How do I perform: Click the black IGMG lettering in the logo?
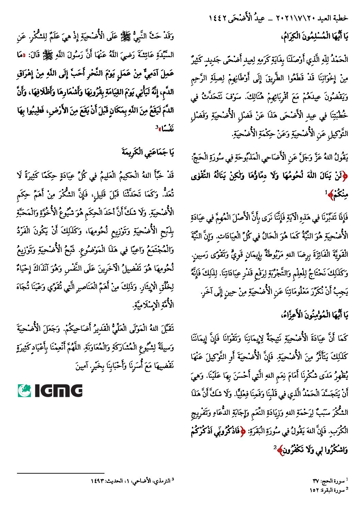59,391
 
